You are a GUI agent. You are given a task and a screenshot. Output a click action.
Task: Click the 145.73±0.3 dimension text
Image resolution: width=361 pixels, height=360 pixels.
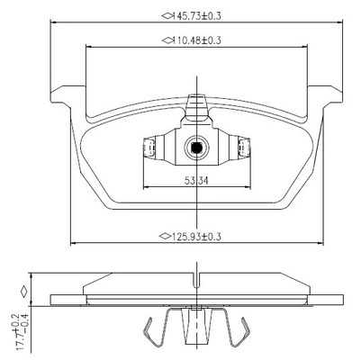(197, 16)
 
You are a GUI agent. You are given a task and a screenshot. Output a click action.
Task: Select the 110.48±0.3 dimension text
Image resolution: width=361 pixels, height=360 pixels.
(197, 40)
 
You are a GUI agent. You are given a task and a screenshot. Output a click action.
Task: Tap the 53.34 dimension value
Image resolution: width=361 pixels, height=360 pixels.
(196, 181)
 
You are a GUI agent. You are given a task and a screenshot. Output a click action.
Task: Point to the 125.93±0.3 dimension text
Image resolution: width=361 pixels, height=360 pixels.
(195, 237)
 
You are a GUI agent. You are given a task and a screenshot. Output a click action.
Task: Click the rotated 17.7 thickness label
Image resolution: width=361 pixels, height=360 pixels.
(23, 332)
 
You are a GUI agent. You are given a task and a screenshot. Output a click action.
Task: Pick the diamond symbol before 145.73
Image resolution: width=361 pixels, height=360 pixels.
(167, 15)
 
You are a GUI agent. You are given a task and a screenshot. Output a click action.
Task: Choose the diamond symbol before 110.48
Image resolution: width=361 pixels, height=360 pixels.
(167, 40)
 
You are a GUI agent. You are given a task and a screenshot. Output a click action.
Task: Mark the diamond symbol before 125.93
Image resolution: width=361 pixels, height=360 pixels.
(165, 237)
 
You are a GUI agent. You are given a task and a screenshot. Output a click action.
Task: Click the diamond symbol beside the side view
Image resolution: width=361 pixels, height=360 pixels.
(23, 292)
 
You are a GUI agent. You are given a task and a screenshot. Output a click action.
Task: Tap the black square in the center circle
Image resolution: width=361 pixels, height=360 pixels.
(196, 148)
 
